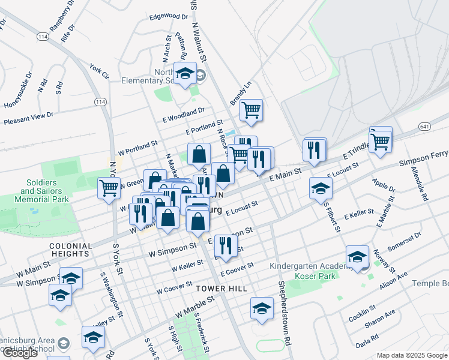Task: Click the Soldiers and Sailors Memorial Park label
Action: [x=41, y=190]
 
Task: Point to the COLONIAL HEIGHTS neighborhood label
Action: [x=71, y=250]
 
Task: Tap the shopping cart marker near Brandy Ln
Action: [x=251, y=111]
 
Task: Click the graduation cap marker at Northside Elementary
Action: [x=185, y=75]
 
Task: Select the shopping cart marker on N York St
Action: [x=109, y=188]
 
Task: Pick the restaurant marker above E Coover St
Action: [x=225, y=246]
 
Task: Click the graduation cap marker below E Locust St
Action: [x=321, y=189]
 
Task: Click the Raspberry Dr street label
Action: [x=62, y=16]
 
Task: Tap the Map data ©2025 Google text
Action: [x=411, y=355]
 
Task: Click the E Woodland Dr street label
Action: [x=183, y=114]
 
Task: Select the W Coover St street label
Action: [x=174, y=287]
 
